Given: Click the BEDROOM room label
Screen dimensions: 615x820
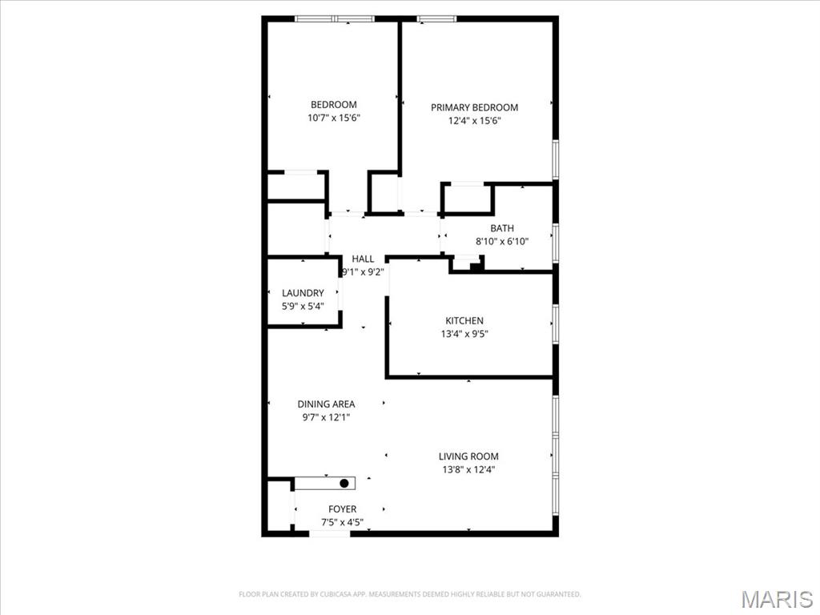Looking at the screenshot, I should [x=333, y=105].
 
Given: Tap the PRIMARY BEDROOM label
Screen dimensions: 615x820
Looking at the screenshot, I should [x=474, y=107].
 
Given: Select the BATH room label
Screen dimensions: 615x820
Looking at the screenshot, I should [x=502, y=228].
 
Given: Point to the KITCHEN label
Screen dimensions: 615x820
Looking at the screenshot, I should [x=464, y=321].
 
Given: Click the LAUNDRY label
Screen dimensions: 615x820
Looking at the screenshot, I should [x=303, y=293].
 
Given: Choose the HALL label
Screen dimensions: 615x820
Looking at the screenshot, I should [x=363, y=259].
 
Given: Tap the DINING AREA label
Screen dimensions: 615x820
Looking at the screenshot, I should [x=326, y=404].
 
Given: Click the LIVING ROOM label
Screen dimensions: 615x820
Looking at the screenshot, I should [x=468, y=456].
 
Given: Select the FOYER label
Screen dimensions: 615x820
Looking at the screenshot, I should [x=343, y=509].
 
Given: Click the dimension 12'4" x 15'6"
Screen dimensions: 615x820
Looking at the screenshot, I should [x=474, y=121].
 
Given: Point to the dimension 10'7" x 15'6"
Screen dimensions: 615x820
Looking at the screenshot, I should [x=333, y=119].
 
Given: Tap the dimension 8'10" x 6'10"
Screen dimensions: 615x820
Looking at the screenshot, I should [x=502, y=241].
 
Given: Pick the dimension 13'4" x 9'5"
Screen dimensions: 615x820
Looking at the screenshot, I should [x=464, y=334].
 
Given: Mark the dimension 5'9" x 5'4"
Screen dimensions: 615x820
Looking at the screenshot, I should [x=303, y=306].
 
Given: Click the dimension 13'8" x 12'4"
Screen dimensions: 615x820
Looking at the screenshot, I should [x=468, y=470].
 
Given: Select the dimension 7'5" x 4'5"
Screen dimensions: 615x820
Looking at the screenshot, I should [x=343, y=523].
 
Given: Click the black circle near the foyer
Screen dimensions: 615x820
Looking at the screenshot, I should [x=344, y=483].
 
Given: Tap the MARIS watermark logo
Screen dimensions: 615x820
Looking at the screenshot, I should [x=777, y=599].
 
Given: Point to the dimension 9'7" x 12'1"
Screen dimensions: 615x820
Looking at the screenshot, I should [x=326, y=417].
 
